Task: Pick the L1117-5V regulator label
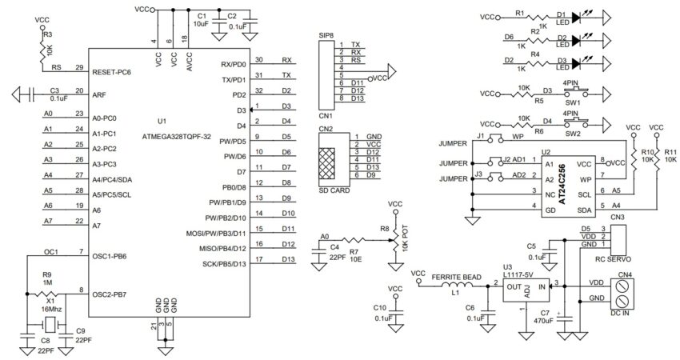[x=520, y=275]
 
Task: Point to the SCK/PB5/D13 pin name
[x=213, y=263]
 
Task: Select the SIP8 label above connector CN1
[x=326, y=36]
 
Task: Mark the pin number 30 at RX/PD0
[x=258, y=60]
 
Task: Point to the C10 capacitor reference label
[x=379, y=307]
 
